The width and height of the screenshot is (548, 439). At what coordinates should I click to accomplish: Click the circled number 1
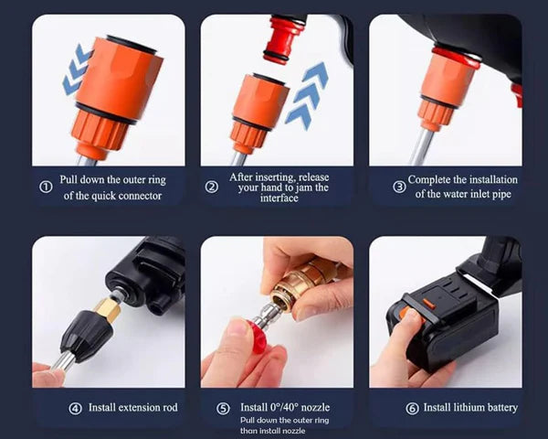46,187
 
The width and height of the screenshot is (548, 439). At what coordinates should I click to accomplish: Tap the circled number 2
212,187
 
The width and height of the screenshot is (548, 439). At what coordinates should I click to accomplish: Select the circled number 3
399,187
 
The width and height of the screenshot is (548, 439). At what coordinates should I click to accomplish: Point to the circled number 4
75,407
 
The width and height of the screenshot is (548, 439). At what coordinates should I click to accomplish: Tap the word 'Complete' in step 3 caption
433,180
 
